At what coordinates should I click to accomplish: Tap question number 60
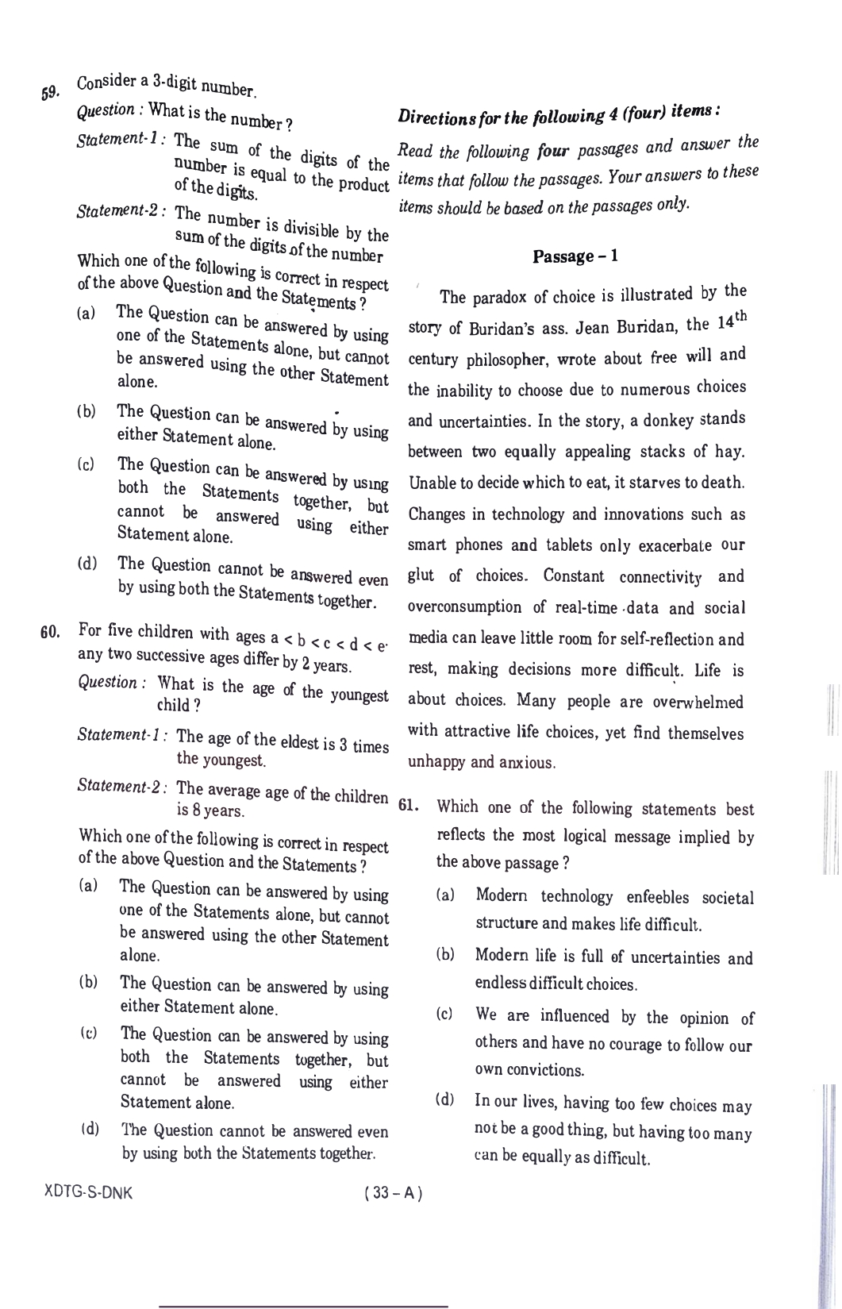[50, 633]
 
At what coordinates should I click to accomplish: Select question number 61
[407, 806]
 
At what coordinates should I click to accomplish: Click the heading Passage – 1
[575, 256]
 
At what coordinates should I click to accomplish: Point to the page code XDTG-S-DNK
[88, 1193]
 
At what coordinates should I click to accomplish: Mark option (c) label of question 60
[89, 1033]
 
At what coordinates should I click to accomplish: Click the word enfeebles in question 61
[663, 897]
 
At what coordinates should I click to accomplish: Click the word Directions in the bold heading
[435, 117]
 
